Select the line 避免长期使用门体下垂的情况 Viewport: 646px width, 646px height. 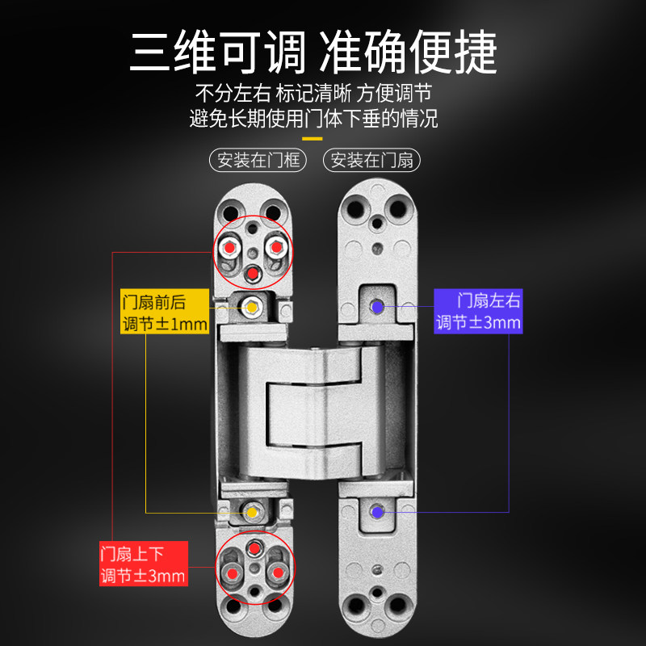pyautogui.click(x=313, y=119)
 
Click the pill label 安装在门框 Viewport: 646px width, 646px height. pyautogui.click(x=258, y=159)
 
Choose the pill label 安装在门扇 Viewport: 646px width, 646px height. pyautogui.click(x=372, y=159)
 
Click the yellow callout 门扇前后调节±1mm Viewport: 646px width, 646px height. pyautogui.click(x=165, y=313)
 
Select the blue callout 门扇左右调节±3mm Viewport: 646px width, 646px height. pyautogui.click(x=478, y=311)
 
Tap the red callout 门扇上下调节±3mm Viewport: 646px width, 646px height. pyautogui.click(x=143, y=564)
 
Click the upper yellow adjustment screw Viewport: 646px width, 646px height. pyautogui.click(x=251, y=308)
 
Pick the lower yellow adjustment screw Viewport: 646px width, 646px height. pyautogui.click(x=251, y=511)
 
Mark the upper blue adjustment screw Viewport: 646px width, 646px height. pyautogui.click(x=376, y=306)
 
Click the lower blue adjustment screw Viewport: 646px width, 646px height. pyautogui.click(x=376, y=511)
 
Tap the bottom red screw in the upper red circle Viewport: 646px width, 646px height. pyautogui.click(x=253, y=273)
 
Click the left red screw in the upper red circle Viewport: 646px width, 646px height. pyautogui.click(x=231, y=245)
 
